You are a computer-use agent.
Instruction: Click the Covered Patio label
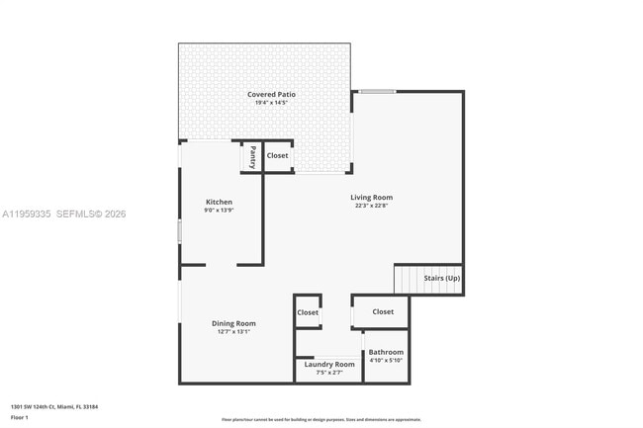click(271, 94)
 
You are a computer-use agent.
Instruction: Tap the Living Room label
click(371, 198)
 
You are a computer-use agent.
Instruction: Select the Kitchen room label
click(219, 202)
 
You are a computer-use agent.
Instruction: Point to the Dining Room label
click(233, 323)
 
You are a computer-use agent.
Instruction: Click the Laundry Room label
click(329, 364)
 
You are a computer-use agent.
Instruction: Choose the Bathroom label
click(386, 352)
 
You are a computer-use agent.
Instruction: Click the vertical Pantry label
click(252, 156)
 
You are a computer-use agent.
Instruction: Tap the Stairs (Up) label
click(441, 279)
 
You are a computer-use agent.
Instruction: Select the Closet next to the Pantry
click(278, 155)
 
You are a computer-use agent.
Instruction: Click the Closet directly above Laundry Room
click(308, 312)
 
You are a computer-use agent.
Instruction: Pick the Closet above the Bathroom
click(383, 311)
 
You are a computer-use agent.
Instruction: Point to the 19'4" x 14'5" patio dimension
click(271, 103)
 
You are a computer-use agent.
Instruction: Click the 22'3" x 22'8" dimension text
click(371, 207)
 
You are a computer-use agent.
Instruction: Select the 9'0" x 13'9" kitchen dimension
click(219, 211)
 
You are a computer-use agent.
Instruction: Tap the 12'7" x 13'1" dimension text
click(233, 332)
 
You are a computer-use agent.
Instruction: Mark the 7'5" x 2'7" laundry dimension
click(329, 373)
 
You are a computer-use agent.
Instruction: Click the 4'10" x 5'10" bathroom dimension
click(386, 360)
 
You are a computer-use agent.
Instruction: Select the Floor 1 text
click(20, 416)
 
